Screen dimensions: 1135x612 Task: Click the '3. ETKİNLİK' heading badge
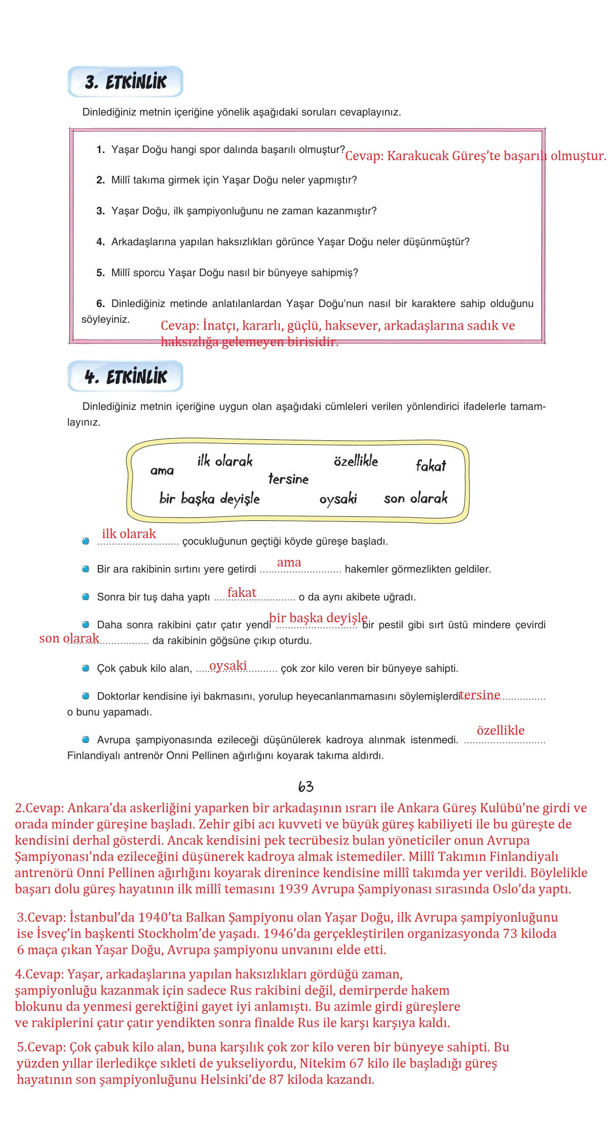(x=125, y=82)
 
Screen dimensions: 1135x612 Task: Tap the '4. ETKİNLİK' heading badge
(x=125, y=376)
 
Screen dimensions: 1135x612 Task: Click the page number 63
(x=305, y=786)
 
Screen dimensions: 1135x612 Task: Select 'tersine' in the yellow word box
(x=288, y=479)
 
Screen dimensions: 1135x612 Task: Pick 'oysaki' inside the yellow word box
(x=338, y=499)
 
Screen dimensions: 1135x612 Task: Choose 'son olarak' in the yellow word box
(x=415, y=499)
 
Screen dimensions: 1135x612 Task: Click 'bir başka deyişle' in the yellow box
(x=209, y=499)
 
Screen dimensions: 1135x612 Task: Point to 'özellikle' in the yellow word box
(x=356, y=461)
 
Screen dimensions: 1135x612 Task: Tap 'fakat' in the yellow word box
(x=431, y=466)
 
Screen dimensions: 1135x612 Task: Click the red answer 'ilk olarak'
(x=129, y=534)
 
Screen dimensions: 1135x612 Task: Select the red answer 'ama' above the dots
(x=289, y=562)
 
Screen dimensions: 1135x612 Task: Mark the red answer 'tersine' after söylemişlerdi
(x=480, y=695)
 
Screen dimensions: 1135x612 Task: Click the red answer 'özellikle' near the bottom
(x=500, y=730)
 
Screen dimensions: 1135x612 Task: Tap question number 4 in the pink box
(x=100, y=242)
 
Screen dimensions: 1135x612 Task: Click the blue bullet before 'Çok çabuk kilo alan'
(x=86, y=668)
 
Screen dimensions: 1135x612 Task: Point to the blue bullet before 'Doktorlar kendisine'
(x=86, y=696)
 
